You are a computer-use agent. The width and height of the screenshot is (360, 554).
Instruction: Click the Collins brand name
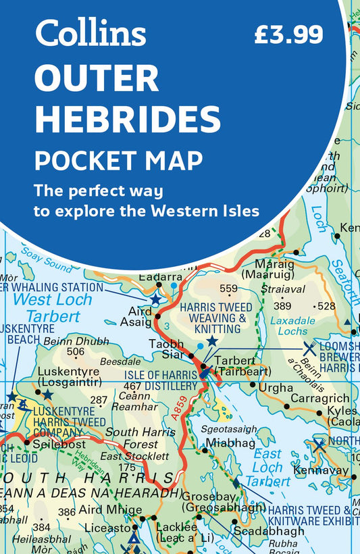click(91, 33)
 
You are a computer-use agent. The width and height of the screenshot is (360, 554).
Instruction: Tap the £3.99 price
click(288, 34)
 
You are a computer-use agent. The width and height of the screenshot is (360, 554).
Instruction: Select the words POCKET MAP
click(119, 161)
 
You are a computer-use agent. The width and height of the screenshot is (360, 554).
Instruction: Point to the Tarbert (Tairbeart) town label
click(242, 366)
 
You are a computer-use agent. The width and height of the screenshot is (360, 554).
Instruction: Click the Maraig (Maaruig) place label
click(275, 270)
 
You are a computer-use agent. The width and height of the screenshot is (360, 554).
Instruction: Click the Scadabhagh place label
click(269, 531)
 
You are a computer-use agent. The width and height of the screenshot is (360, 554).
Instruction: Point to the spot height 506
click(76, 352)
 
